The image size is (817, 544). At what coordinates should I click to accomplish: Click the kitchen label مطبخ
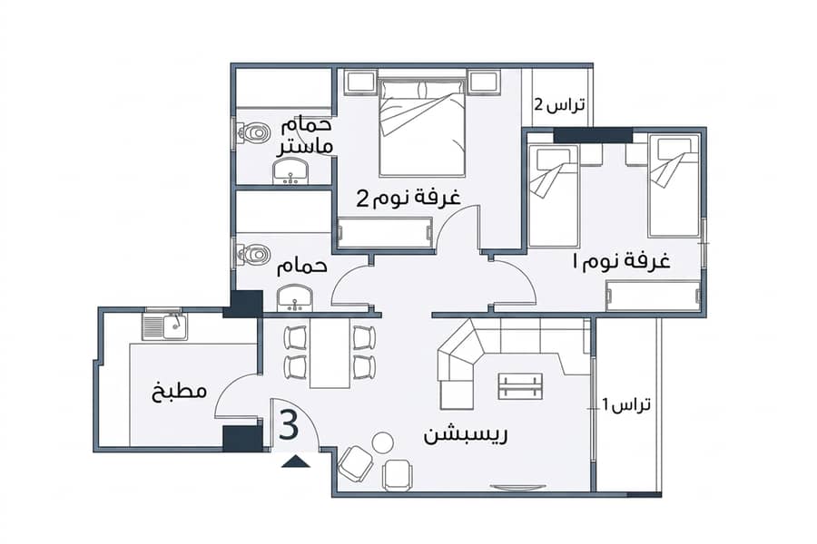coord(179,391)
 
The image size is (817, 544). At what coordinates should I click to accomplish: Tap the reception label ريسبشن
coord(466,434)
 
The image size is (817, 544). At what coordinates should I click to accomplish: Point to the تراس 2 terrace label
coord(559,104)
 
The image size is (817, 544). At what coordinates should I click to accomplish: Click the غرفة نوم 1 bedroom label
coord(621,260)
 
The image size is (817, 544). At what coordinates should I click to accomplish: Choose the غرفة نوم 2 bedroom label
coord(408,198)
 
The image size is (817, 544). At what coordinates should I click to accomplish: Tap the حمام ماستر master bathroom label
coord(305,136)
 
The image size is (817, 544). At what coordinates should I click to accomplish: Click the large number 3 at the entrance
coord(290,424)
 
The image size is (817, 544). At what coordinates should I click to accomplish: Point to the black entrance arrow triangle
coord(295,461)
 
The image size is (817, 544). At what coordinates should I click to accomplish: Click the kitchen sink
coord(165,327)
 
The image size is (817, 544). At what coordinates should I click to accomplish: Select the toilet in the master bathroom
coord(251,133)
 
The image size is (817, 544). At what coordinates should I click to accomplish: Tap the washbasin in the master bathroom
coord(290,171)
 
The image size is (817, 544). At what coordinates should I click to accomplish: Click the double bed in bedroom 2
coord(422,128)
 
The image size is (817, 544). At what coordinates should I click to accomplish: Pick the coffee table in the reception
coord(520,385)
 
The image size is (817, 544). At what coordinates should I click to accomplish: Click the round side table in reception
coord(383,444)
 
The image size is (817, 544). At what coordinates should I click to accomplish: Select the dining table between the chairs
coord(330,353)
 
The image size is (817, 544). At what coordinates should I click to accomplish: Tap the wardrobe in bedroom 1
coord(654,296)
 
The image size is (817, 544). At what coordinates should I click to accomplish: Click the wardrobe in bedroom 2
coord(385,233)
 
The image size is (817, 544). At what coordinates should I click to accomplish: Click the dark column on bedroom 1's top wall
coord(593,135)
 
